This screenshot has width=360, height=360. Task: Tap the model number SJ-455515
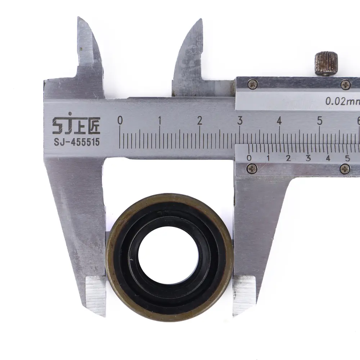tap(77, 142)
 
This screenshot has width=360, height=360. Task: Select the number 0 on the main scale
tap(120, 120)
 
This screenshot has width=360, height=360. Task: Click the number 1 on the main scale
tap(160, 120)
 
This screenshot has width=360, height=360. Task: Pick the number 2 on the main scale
tap(200, 120)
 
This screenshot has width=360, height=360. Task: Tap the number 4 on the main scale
tap(279, 120)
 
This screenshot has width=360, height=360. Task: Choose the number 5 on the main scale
tap(320, 120)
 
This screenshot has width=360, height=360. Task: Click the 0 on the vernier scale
tap(249, 158)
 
